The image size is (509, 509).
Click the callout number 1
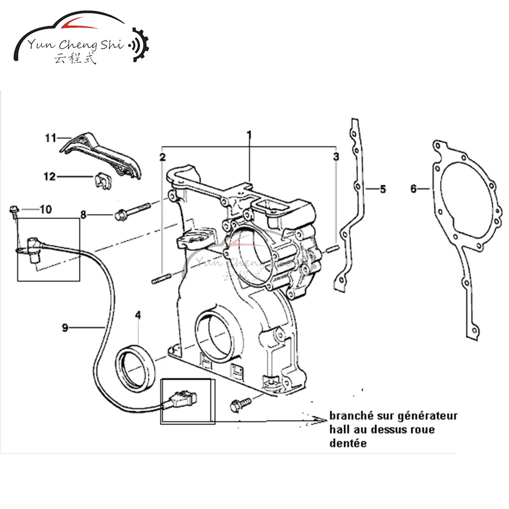point(249,135)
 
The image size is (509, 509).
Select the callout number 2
point(162,157)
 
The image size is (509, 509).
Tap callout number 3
point(336,157)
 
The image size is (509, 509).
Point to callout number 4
point(137,316)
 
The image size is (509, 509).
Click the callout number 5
point(382,189)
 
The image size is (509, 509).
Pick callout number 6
point(414,189)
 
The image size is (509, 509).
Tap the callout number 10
point(46,209)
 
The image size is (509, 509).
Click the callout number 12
point(49,177)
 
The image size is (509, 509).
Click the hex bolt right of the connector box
point(239,406)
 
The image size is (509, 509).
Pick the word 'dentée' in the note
point(348,443)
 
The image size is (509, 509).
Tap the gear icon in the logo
point(140,47)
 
